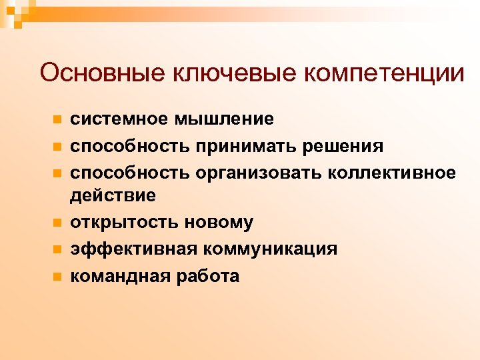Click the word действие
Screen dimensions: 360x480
(x=113, y=195)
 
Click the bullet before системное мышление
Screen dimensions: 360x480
(x=57, y=120)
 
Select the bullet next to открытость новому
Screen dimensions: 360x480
(x=57, y=223)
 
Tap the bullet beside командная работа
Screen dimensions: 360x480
(x=57, y=275)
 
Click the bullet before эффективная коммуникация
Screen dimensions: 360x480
(x=57, y=249)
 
